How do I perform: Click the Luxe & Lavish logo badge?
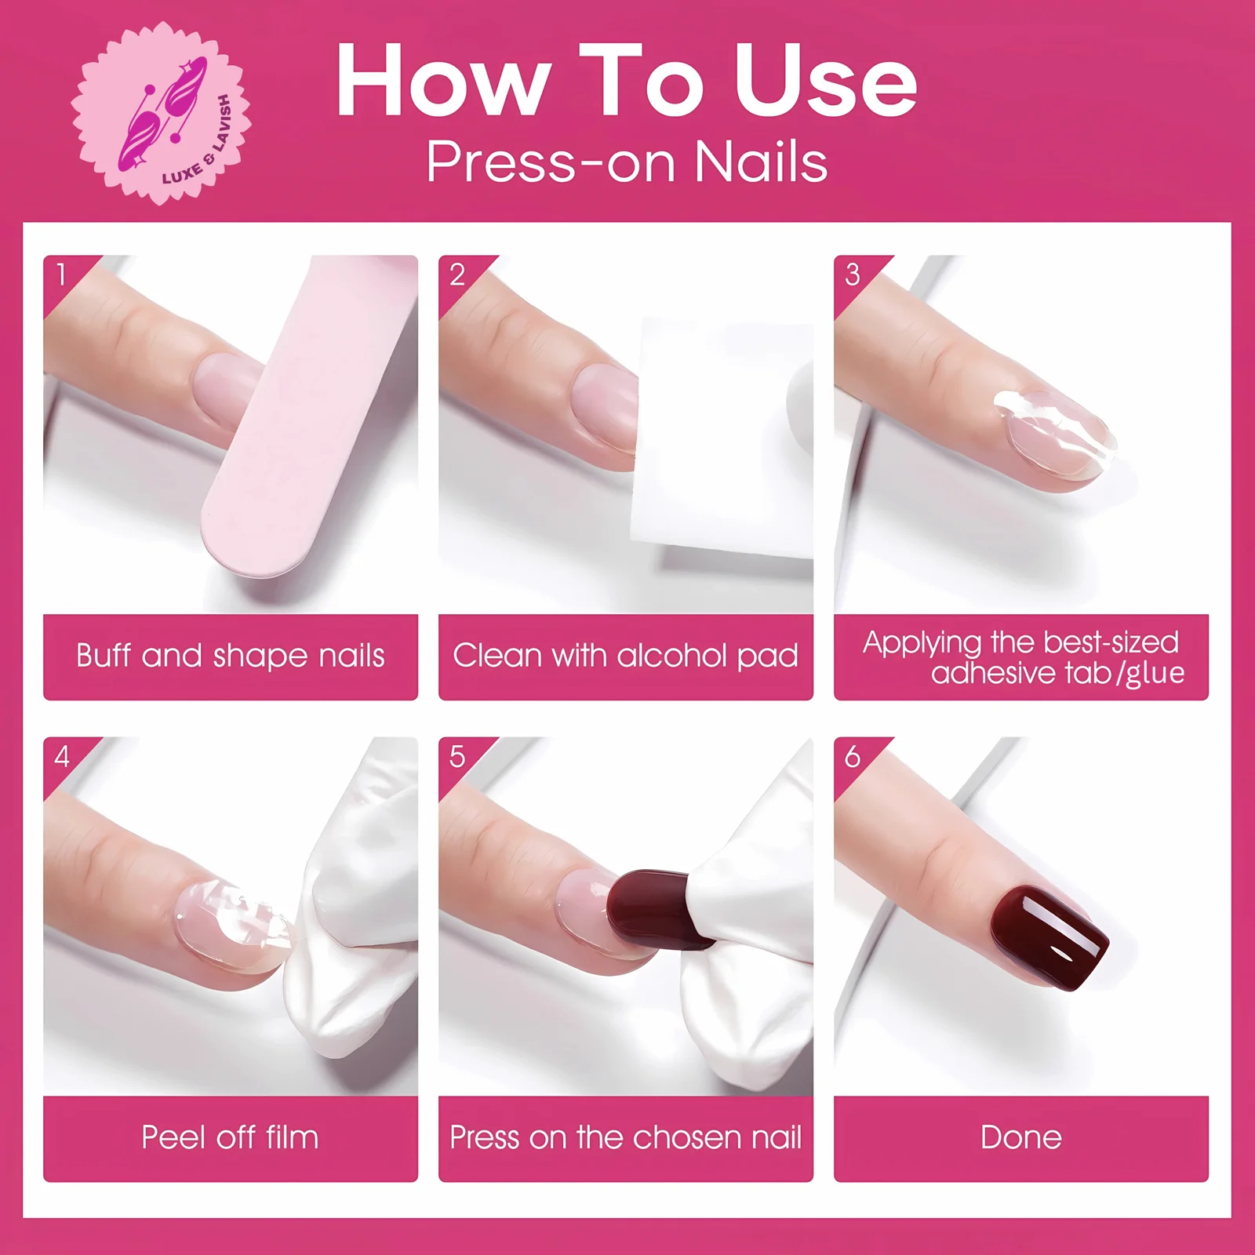[x=161, y=115]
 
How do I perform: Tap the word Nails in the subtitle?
[x=760, y=162]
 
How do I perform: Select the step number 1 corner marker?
[x=61, y=275]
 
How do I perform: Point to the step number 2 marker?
[x=457, y=275]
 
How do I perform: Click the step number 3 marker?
[x=853, y=275]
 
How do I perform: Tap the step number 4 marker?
[x=61, y=756]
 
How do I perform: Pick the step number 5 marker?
[x=457, y=756]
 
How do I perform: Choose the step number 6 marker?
[x=853, y=756]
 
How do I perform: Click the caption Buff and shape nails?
[x=231, y=656]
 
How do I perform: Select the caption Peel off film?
[x=231, y=1137]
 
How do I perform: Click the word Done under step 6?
[x=1020, y=1137]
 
